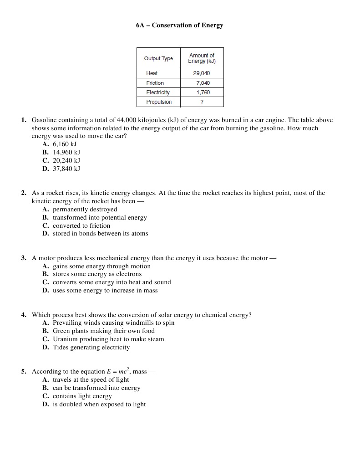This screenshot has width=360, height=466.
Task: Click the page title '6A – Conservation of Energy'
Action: point(179,25)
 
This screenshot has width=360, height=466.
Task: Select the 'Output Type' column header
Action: point(158,58)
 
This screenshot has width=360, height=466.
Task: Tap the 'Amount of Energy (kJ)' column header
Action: point(202,58)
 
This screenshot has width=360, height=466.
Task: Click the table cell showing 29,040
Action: point(202,73)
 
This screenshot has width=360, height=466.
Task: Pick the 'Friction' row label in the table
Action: point(155,83)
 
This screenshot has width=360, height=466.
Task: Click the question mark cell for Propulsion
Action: point(202,102)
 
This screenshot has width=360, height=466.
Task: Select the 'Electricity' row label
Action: point(157,92)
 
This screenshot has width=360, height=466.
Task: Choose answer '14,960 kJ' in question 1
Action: point(66,152)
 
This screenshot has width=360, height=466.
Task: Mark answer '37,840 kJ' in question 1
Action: point(66,169)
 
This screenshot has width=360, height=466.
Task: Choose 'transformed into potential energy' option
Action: point(100,218)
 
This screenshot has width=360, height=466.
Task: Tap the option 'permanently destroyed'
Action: point(85,210)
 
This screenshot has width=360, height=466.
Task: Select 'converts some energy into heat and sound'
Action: point(112,282)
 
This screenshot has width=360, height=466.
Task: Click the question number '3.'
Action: point(24,258)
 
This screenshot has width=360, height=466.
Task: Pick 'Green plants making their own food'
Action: point(103,331)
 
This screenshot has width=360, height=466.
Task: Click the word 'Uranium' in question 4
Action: point(66,339)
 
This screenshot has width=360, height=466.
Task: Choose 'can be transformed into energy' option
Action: point(96,388)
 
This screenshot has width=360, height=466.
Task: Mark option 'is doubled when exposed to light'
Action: point(99,405)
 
